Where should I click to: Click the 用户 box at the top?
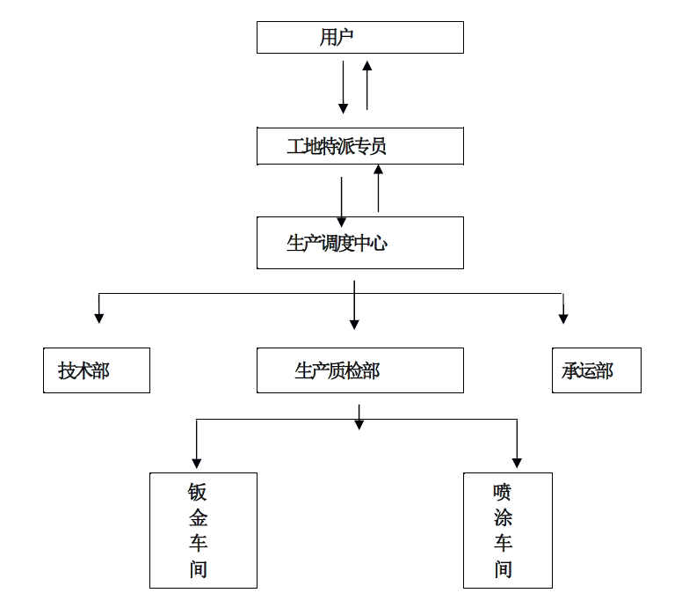click(x=359, y=38)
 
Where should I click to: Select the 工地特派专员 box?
click(x=359, y=146)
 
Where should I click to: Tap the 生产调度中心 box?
click(x=359, y=243)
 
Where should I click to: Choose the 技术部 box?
click(x=97, y=370)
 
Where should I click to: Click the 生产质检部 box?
click(x=359, y=370)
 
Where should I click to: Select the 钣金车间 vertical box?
click(x=203, y=530)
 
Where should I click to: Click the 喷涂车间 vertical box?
click(x=508, y=530)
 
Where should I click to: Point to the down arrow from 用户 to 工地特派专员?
click(x=344, y=88)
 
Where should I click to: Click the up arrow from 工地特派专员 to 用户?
click(x=367, y=84)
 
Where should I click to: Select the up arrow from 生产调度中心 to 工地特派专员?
click(x=379, y=188)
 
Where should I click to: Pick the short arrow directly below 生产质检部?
click(x=359, y=418)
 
